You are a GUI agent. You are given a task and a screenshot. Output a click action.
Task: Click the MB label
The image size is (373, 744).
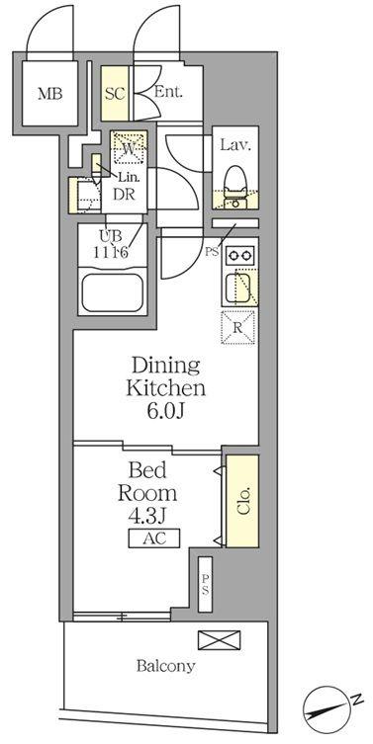tap(49, 94)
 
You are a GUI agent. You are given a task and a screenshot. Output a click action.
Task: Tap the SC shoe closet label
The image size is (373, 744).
tap(115, 94)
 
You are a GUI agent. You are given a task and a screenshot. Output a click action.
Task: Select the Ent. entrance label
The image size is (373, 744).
tap(168, 92)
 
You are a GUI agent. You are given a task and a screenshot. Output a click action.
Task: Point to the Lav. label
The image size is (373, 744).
tap(234, 144)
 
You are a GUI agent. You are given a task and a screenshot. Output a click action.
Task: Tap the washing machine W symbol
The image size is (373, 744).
tap(129, 147)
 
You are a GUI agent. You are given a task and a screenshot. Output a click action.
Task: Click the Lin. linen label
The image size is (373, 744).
tap(129, 179)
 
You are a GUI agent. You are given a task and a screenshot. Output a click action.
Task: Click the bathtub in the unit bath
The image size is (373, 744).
tap(112, 290)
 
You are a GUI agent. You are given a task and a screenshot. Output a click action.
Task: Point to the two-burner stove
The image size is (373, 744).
tap(239, 256)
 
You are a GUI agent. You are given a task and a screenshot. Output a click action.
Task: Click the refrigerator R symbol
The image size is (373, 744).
tap(238, 326)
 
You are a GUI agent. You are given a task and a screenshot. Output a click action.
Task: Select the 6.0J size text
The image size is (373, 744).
tap(165, 411)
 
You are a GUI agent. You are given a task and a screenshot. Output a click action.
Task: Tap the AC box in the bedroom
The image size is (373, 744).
tap(154, 538)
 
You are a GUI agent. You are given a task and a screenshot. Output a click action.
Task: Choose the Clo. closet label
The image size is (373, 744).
tap(243, 501)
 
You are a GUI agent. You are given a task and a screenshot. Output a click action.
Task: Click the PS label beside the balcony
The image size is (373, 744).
tap(206, 584)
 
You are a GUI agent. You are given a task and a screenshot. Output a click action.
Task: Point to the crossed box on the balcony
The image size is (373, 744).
tap(219, 640)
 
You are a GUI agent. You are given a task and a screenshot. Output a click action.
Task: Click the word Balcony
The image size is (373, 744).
tap(166, 667)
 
